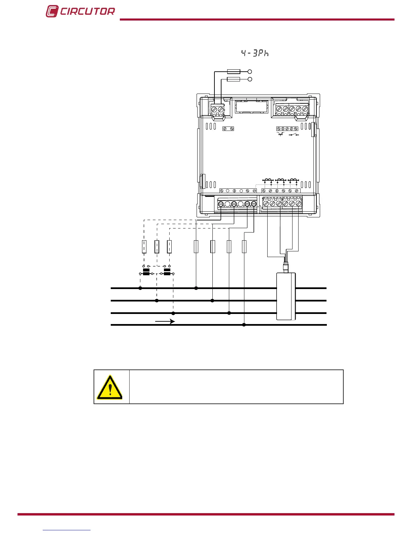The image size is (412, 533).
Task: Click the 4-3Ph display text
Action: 255,53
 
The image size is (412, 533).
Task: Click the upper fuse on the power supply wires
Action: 234,71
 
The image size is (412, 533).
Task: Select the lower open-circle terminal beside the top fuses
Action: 250,79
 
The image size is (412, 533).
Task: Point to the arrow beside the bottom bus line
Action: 165,322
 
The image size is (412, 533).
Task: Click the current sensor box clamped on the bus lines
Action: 286,296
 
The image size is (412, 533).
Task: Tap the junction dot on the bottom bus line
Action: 244,325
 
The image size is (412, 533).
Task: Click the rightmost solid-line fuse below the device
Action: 244,247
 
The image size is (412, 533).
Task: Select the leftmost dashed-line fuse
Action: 144,247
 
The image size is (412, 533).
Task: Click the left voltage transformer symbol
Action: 146,272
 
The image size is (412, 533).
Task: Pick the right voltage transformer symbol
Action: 167,272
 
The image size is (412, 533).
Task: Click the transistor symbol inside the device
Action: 280,134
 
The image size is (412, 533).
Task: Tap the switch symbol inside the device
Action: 294,135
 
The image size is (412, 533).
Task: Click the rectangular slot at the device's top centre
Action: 251,107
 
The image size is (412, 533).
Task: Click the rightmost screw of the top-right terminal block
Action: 305,109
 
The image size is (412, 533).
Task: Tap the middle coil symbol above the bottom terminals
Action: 280,181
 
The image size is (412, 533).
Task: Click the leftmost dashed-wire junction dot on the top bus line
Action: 140,288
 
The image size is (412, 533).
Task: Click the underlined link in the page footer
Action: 67,530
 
